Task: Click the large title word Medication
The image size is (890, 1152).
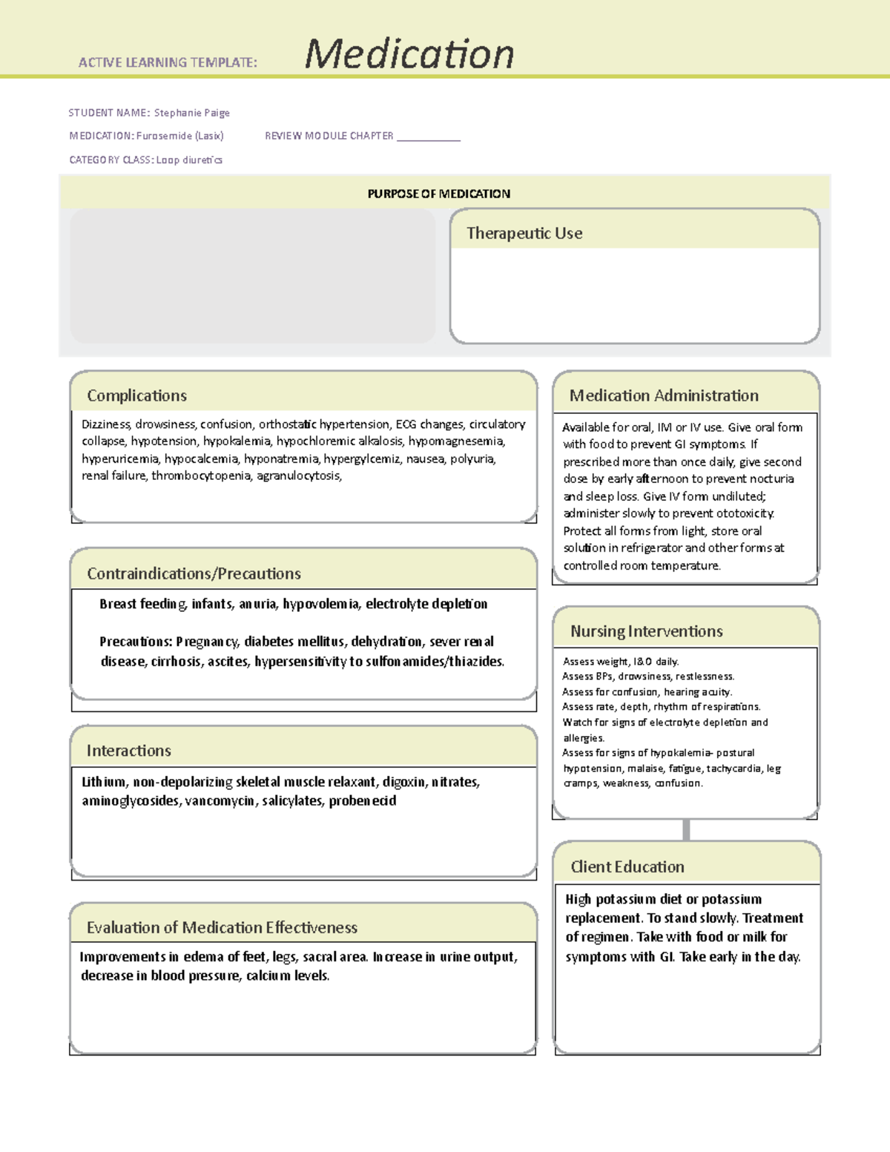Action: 409,54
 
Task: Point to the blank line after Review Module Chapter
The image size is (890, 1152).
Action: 428,137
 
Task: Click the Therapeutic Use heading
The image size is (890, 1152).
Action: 524,233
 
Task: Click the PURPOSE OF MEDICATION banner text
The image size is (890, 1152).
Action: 438,194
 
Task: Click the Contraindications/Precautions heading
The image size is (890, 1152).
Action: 194,573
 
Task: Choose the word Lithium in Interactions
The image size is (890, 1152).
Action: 103,782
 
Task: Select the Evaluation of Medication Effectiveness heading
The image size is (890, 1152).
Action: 222,927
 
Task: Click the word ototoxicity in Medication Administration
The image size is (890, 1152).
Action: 745,513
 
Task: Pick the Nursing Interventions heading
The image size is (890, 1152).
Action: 646,631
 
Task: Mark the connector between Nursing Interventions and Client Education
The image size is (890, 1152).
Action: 686,830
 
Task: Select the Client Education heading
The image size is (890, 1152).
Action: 627,866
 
